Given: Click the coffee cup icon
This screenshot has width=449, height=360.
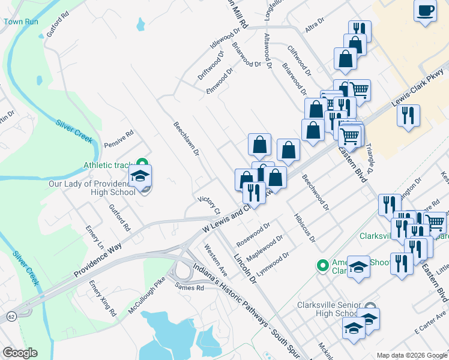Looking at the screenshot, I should [426, 11].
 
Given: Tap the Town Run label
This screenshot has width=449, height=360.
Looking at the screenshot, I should [21, 22].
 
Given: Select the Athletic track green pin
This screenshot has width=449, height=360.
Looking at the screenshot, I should [142, 163].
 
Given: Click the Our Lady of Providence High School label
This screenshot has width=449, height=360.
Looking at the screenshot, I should [93, 188].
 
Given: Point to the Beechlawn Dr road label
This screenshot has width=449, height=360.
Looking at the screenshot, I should [186, 139].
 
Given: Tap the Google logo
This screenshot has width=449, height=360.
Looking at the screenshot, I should [19, 353].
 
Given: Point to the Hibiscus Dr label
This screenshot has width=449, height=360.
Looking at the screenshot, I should [305, 228].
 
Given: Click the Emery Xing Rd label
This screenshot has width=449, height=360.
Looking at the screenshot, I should [103, 298].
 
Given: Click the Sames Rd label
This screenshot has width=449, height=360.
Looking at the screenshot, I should [190, 288].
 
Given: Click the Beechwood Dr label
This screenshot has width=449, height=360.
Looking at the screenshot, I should [316, 192].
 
